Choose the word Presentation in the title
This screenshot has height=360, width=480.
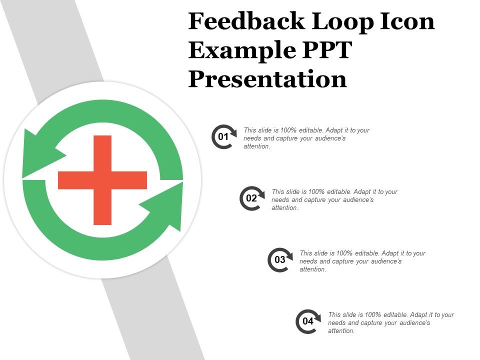click(x=267, y=79)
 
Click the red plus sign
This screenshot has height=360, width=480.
click(x=102, y=180)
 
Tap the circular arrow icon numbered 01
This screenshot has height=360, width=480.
click(x=223, y=136)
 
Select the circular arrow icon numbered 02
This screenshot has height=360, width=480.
click(x=251, y=198)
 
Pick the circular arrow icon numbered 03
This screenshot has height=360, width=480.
click(x=279, y=259)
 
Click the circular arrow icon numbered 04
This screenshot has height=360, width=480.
click(x=308, y=321)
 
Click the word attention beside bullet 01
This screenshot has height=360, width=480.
click(x=257, y=146)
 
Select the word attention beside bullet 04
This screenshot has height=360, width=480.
click(x=341, y=331)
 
